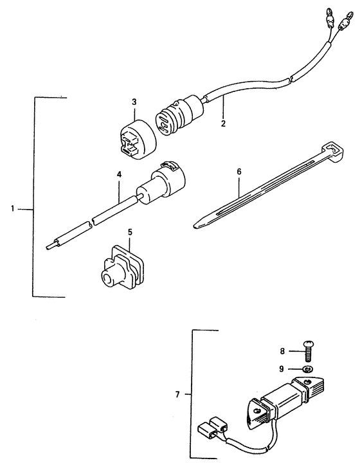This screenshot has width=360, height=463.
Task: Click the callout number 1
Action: [13, 209]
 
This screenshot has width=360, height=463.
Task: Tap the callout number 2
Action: [223, 123]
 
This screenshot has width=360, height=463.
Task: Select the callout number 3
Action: [134, 102]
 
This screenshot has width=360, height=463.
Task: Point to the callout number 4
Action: [119, 174]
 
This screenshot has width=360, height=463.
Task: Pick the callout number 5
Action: [130, 232]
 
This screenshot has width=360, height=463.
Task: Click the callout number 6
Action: [239, 172]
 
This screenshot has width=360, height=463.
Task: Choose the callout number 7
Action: [177, 394]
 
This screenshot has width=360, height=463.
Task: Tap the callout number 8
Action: [282, 351]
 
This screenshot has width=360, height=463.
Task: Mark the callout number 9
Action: [282, 369]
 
